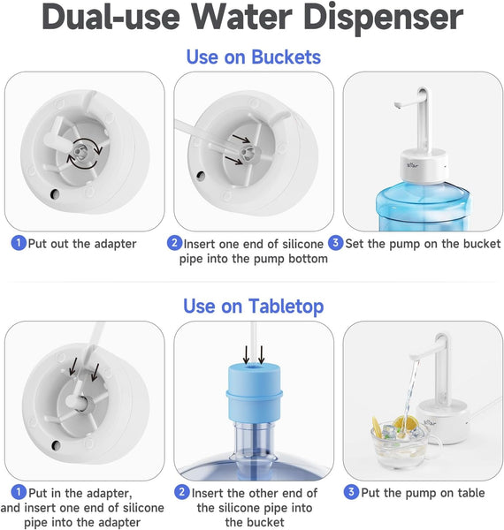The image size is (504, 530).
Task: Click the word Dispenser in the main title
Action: pyautogui.click(x=384, y=18)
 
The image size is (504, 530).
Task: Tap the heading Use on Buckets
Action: pyautogui.click(x=254, y=57)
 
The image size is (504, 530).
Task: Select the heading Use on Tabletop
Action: pyautogui.click(x=254, y=307)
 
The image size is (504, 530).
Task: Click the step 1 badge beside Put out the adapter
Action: pyautogui.click(x=19, y=243)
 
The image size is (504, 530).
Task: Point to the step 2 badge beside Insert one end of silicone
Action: pyautogui.click(x=174, y=243)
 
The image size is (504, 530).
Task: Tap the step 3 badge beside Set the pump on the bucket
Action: pyautogui.click(x=335, y=243)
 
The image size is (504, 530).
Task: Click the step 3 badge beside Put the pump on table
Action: pyautogui.click(x=351, y=492)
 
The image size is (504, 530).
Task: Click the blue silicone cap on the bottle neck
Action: pyautogui.click(x=255, y=392)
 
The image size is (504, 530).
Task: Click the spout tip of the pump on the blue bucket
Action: pyautogui.click(x=398, y=105)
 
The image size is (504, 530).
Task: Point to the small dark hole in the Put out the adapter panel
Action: pyautogui.click(x=55, y=194)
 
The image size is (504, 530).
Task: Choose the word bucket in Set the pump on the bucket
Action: pyautogui.click(x=482, y=244)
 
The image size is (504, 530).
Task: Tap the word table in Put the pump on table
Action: pyautogui.click(x=471, y=493)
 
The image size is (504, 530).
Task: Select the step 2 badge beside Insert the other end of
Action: pyautogui.click(x=182, y=492)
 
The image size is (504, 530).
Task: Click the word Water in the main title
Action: pyautogui.click(x=242, y=18)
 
